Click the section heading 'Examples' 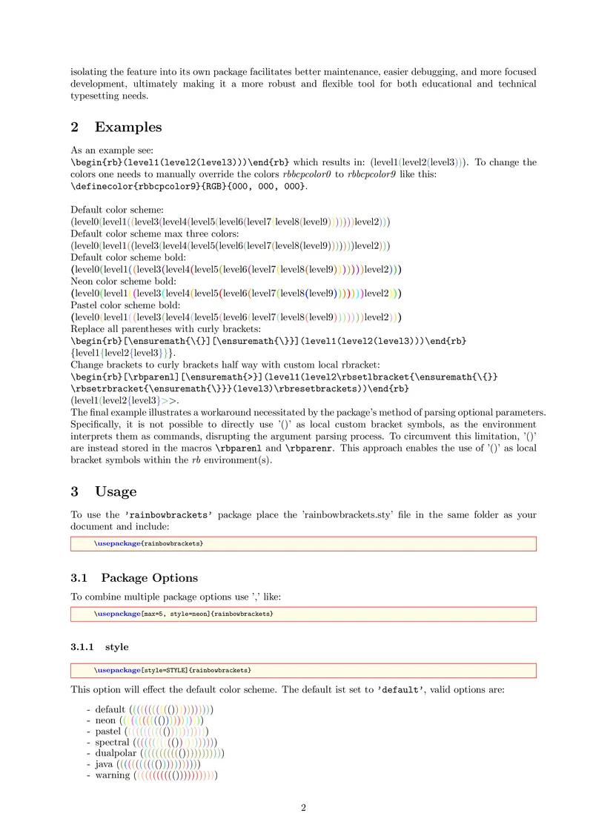coord(127,127)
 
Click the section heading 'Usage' coord(116,491)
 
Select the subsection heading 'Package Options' coord(149,578)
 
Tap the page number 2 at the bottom coord(303,808)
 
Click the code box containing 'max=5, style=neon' coord(303,614)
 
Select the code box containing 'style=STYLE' coord(303,670)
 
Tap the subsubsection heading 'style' coord(117,646)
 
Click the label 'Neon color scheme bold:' coord(123,282)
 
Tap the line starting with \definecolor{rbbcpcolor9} coord(188,185)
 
